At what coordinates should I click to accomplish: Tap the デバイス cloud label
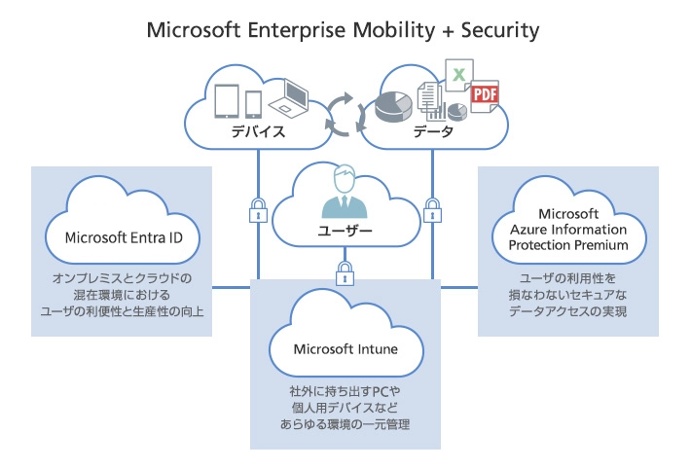coord(258,132)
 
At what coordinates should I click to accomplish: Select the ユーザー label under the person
coord(346,231)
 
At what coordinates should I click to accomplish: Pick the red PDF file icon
coord(483,96)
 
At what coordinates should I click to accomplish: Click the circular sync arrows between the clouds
coord(345,115)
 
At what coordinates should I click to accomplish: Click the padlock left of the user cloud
coord(259,209)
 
